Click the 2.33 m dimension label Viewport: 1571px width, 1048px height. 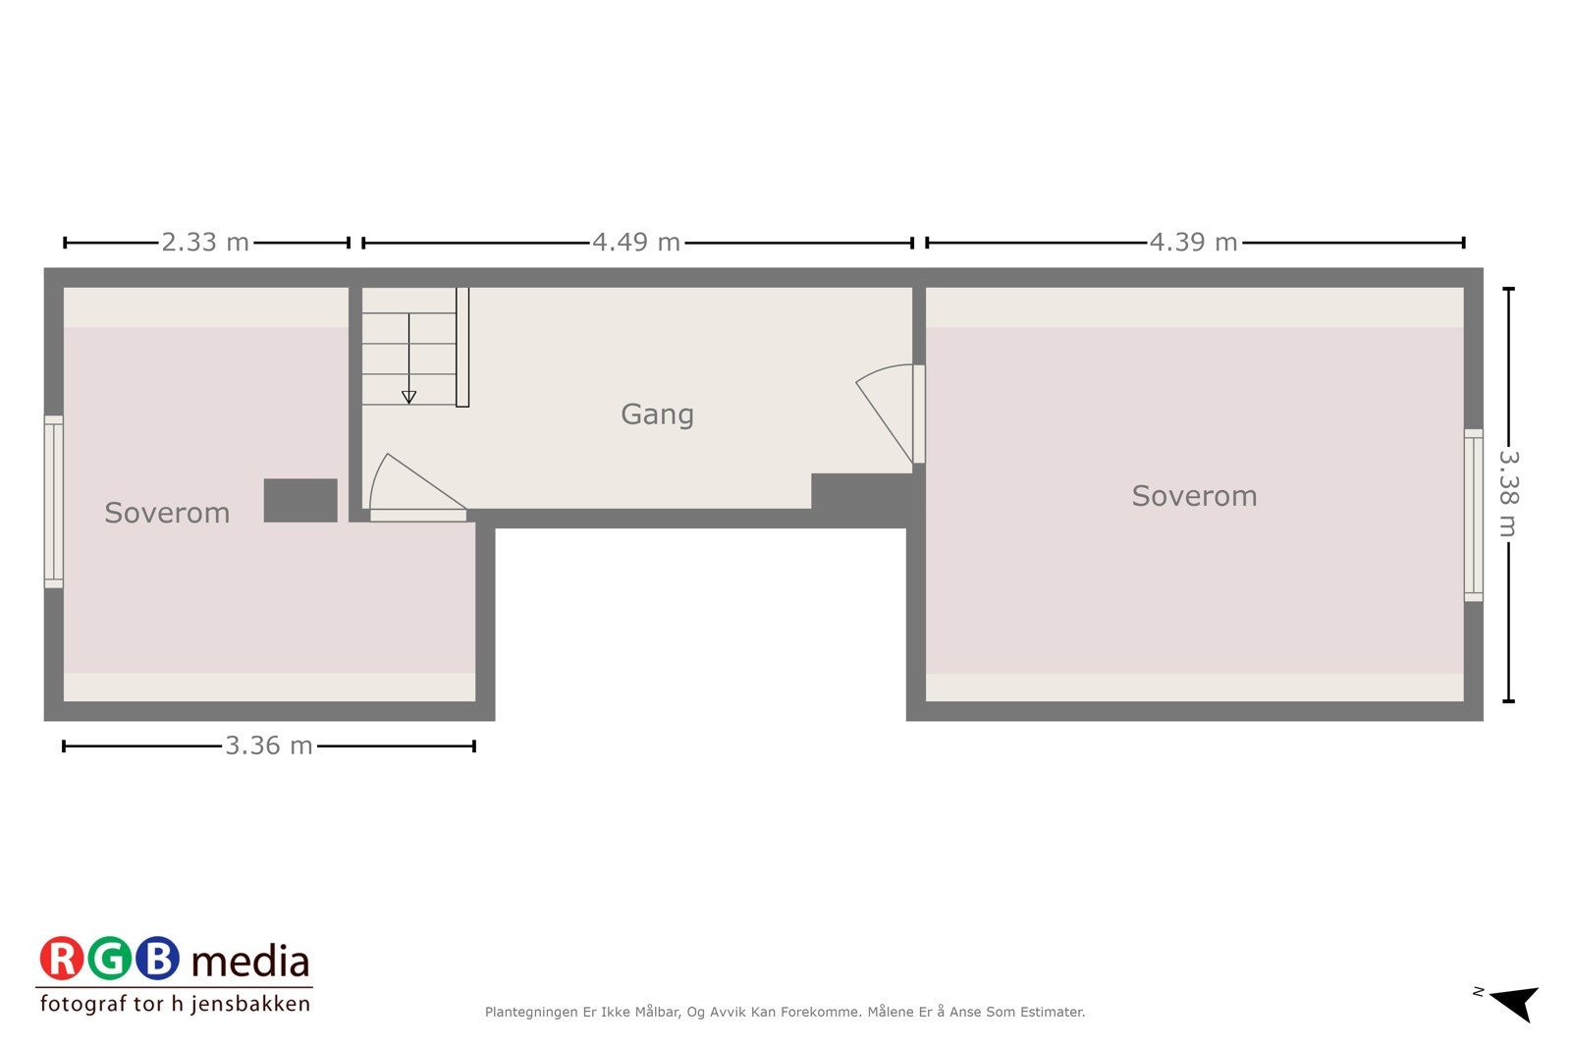[x=205, y=243]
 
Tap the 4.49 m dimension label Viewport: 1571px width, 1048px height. [x=636, y=243]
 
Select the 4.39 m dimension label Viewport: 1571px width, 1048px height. [x=1193, y=243]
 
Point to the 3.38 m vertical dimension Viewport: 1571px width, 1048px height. [x=1508, y=494]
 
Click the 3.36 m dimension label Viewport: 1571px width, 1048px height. [x=269, y=746]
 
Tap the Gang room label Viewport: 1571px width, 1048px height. [x=657, y=414]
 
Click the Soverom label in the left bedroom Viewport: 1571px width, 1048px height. [x=167, y=513]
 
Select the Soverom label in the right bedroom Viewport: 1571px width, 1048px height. [x=1194, y=496]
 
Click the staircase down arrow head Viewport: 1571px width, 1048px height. [x=408, y=397]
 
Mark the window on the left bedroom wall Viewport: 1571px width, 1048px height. [x=54, y=502]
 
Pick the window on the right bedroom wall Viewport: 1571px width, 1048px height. [x=1473, y=515]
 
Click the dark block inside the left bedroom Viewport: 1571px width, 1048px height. [x=300, y=500]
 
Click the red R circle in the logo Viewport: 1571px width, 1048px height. [x=62, y=960]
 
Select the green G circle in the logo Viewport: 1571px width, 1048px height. [x=109, y=960]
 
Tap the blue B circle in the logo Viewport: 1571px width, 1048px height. [x=157, y=960]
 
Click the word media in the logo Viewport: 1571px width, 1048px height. [x=250, y=962]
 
